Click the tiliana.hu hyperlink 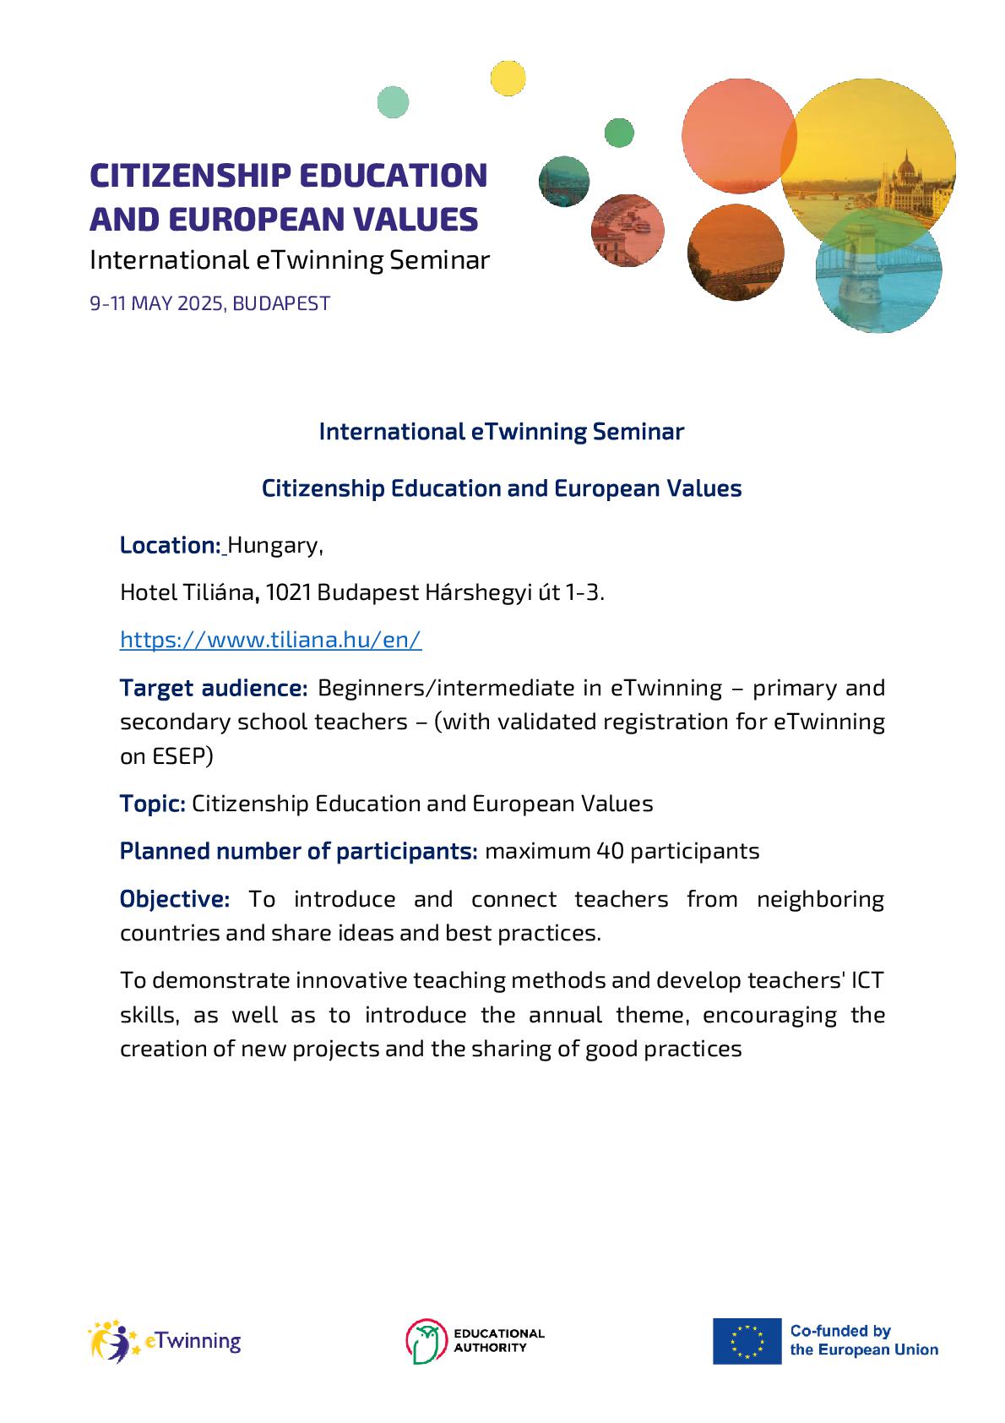click(270, 640)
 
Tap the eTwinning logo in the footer click(166, 1341)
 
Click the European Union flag click(747, 1341)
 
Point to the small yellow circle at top click(508, 78)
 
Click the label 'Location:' click(170, 545)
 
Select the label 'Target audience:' click(214, 688)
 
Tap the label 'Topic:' click(152, 803)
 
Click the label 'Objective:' click(174, 898)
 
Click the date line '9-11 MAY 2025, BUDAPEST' click(209, 303)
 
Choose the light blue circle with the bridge click(878, 272)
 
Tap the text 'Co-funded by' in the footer click(840, 1331)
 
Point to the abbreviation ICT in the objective click(866, 980)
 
